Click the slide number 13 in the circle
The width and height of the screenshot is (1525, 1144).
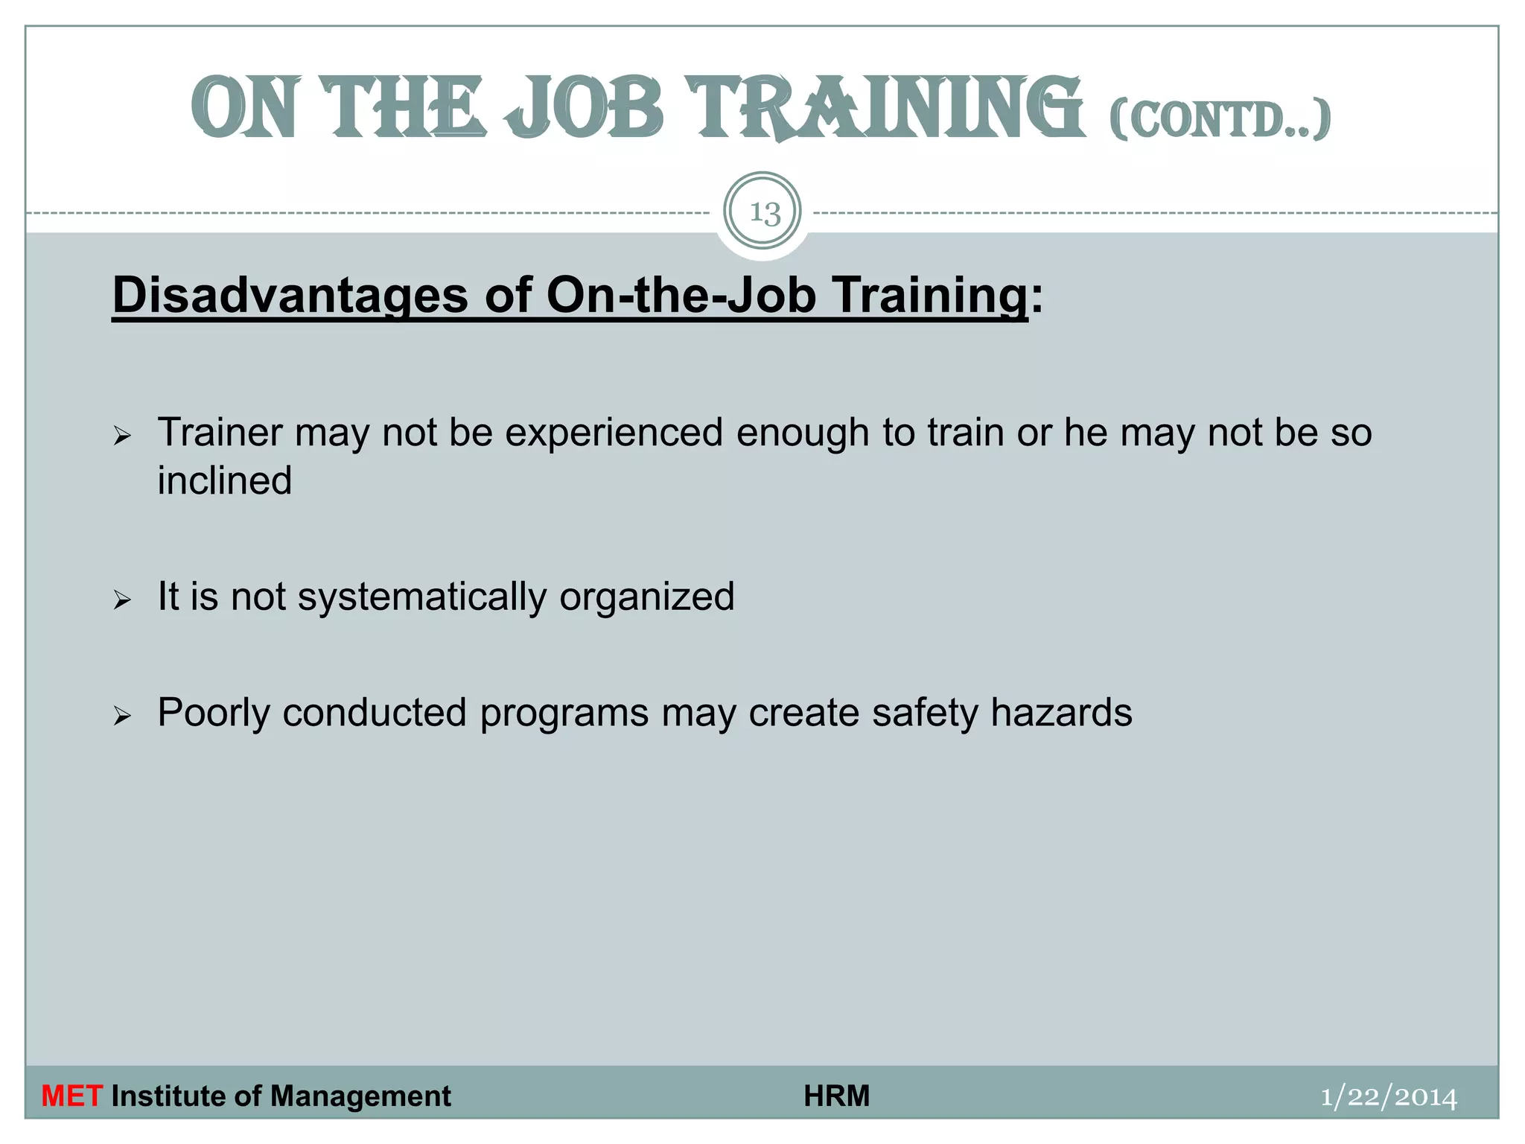pyautogui.click(x=763, y=213)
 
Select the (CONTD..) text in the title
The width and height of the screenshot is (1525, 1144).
pyautogui.click(x=1219, y=119)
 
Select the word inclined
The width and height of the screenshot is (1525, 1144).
pyautogui.click(x=224, y=480)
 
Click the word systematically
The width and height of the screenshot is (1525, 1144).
pyautogui.click(x=422, y=597)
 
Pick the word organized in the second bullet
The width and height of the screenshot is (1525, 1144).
pyautogui.click(x=646, y=597)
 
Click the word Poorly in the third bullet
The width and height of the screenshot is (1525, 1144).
pyautogui.click(x=214, y=714)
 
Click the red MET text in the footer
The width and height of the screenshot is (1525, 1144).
pyautogui.click(x=71, y=1096)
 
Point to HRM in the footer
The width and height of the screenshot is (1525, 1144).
pyautogui.click(x=836, y=1096)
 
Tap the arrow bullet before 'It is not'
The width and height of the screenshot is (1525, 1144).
pyautogui.click(x=122, y=600)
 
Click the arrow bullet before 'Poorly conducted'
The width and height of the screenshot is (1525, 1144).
pyautogui.click(x=122, y=716)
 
